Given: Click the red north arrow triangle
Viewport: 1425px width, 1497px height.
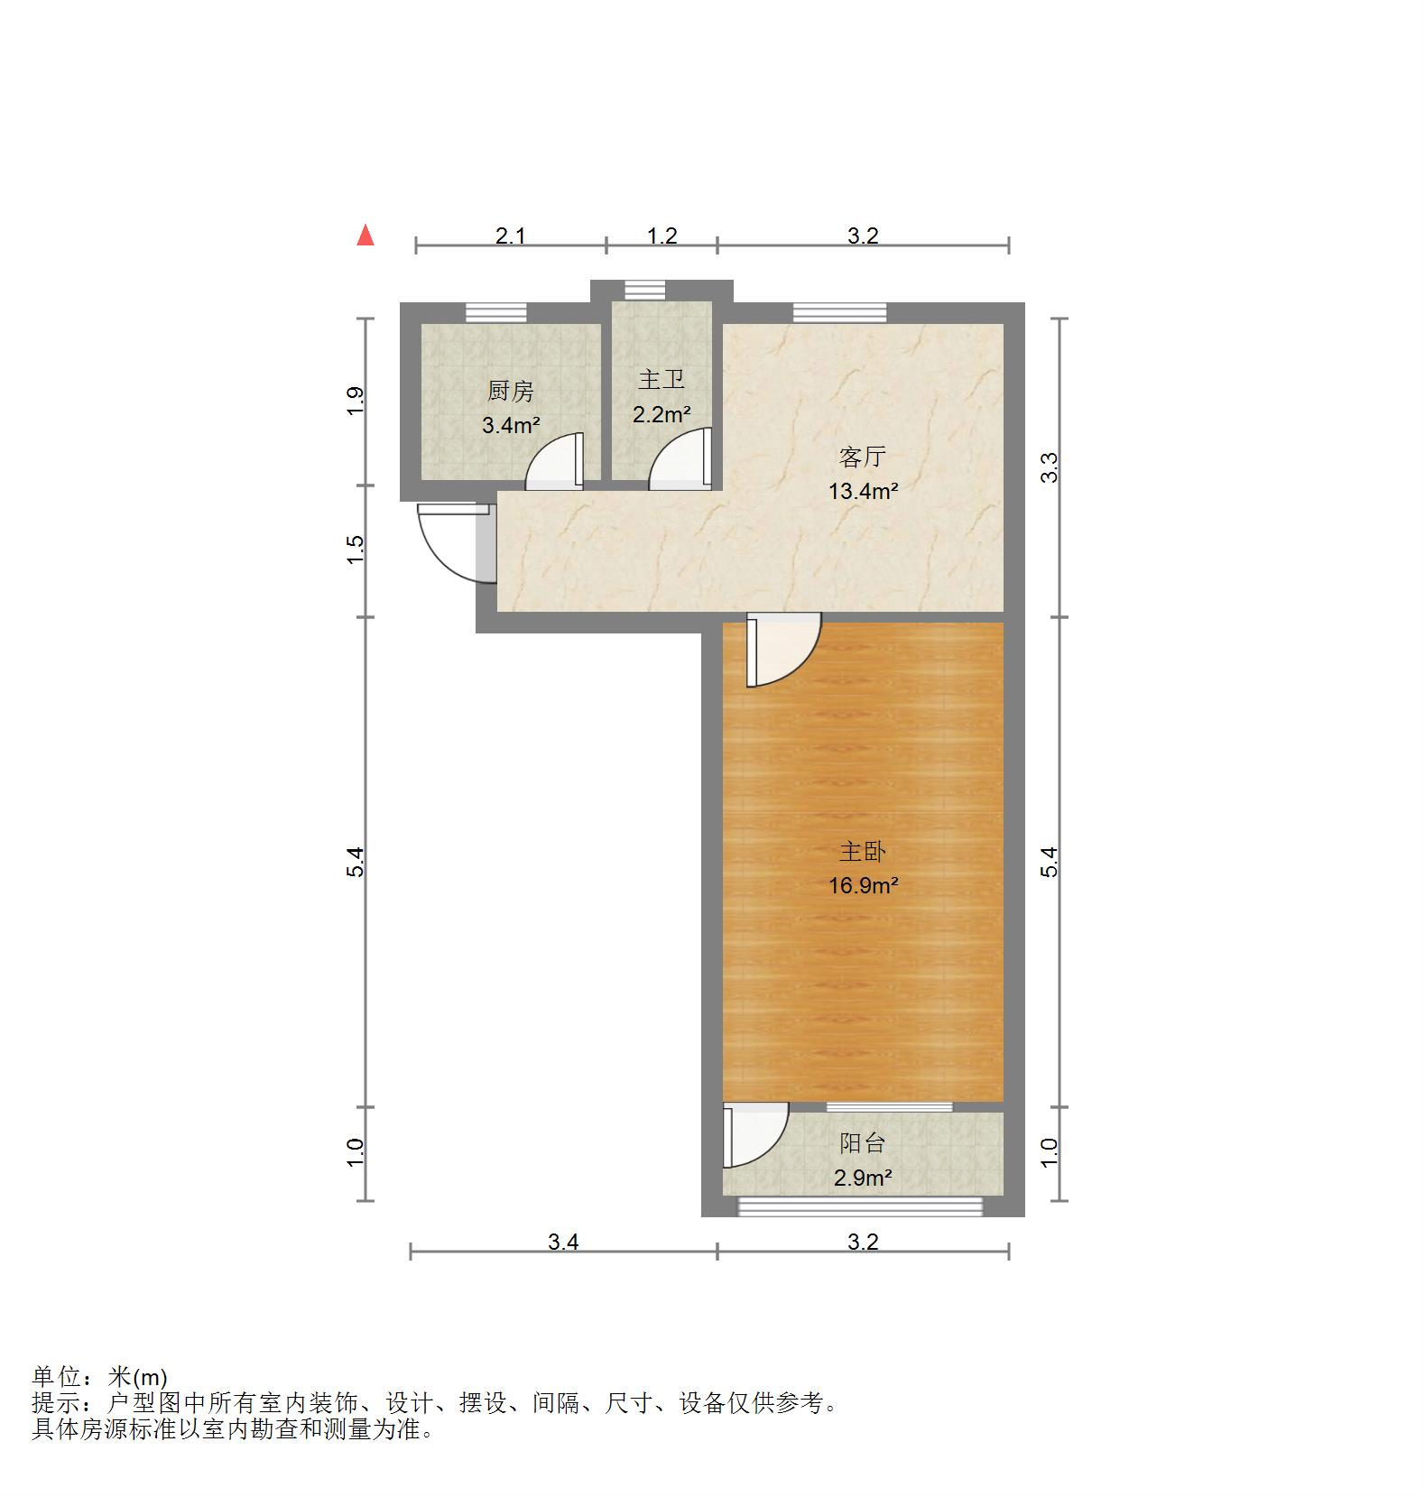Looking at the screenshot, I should pos(366,236).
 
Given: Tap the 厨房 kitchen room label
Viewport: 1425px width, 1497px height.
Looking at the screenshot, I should pos(510,392).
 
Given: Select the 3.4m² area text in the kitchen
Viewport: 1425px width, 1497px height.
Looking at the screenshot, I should pos(510,425).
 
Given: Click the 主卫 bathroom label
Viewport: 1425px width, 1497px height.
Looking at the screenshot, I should pos(662,380).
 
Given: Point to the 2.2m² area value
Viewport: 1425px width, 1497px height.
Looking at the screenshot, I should pos(662,414).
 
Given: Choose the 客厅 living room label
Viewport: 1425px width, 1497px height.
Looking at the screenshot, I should pos(862,457).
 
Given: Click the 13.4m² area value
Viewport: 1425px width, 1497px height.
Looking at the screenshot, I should pos(863,492).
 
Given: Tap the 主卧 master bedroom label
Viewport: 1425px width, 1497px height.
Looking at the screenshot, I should pos(862,852).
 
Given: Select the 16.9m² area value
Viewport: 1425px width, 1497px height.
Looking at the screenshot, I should pos(863,886).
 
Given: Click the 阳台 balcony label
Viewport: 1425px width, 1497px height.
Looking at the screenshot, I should pos(862,1143).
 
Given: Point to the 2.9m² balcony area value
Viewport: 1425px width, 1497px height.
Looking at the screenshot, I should pos(863,1178).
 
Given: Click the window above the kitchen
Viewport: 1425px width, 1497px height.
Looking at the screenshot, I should pos(495,313).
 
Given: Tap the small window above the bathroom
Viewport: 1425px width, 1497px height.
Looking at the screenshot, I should pos(644,291).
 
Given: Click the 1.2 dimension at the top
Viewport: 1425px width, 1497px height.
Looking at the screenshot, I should pos(662,236).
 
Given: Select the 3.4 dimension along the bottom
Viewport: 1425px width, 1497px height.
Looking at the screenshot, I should pos(563,1243).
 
